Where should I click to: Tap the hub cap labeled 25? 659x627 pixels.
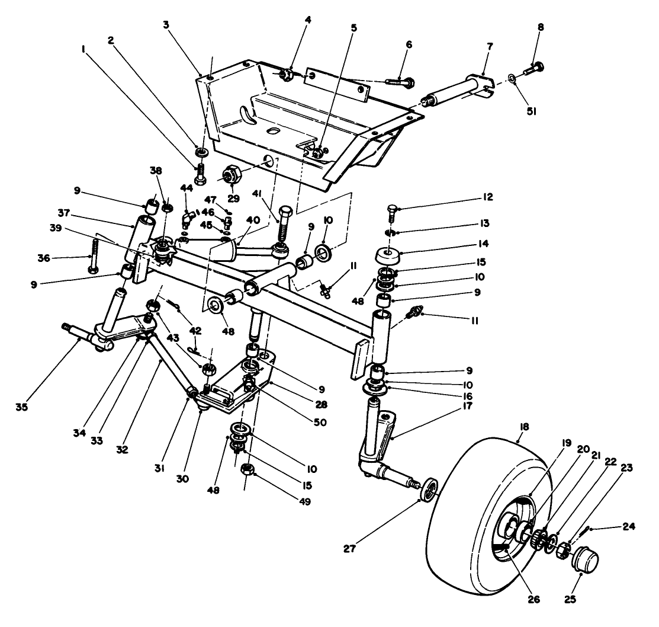tap(584, 561)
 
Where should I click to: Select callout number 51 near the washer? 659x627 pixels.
tap(531, 110)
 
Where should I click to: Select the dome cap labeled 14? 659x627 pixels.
tap(387, 259)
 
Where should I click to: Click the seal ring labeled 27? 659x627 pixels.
tap(429, 490)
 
